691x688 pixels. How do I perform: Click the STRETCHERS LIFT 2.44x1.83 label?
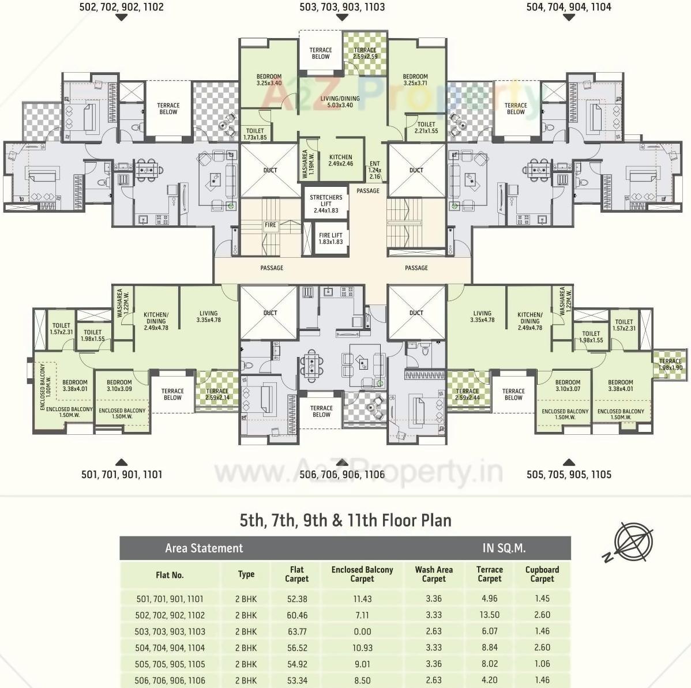326,204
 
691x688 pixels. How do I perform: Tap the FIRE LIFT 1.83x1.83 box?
331,238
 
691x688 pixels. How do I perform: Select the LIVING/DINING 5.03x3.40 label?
340,102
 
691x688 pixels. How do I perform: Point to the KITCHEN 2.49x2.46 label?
340,160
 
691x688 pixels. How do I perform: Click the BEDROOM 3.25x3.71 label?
415,80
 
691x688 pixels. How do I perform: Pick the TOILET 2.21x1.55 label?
426,127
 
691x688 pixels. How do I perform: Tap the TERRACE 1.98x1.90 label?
670,364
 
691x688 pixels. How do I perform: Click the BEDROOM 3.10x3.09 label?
119,385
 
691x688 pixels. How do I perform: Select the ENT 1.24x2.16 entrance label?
375,170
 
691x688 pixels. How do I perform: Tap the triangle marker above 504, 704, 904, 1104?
569,18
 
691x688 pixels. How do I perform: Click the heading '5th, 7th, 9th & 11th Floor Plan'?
345,520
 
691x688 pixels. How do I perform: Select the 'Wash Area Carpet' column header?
434,574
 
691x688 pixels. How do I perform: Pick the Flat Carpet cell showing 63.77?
297,631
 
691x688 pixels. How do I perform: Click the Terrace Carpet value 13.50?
489,615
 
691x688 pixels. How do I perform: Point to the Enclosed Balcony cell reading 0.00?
362,631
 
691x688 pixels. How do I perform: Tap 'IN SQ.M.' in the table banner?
504,548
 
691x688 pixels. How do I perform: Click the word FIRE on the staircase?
271,225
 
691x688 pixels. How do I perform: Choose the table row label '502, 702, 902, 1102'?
170,615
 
